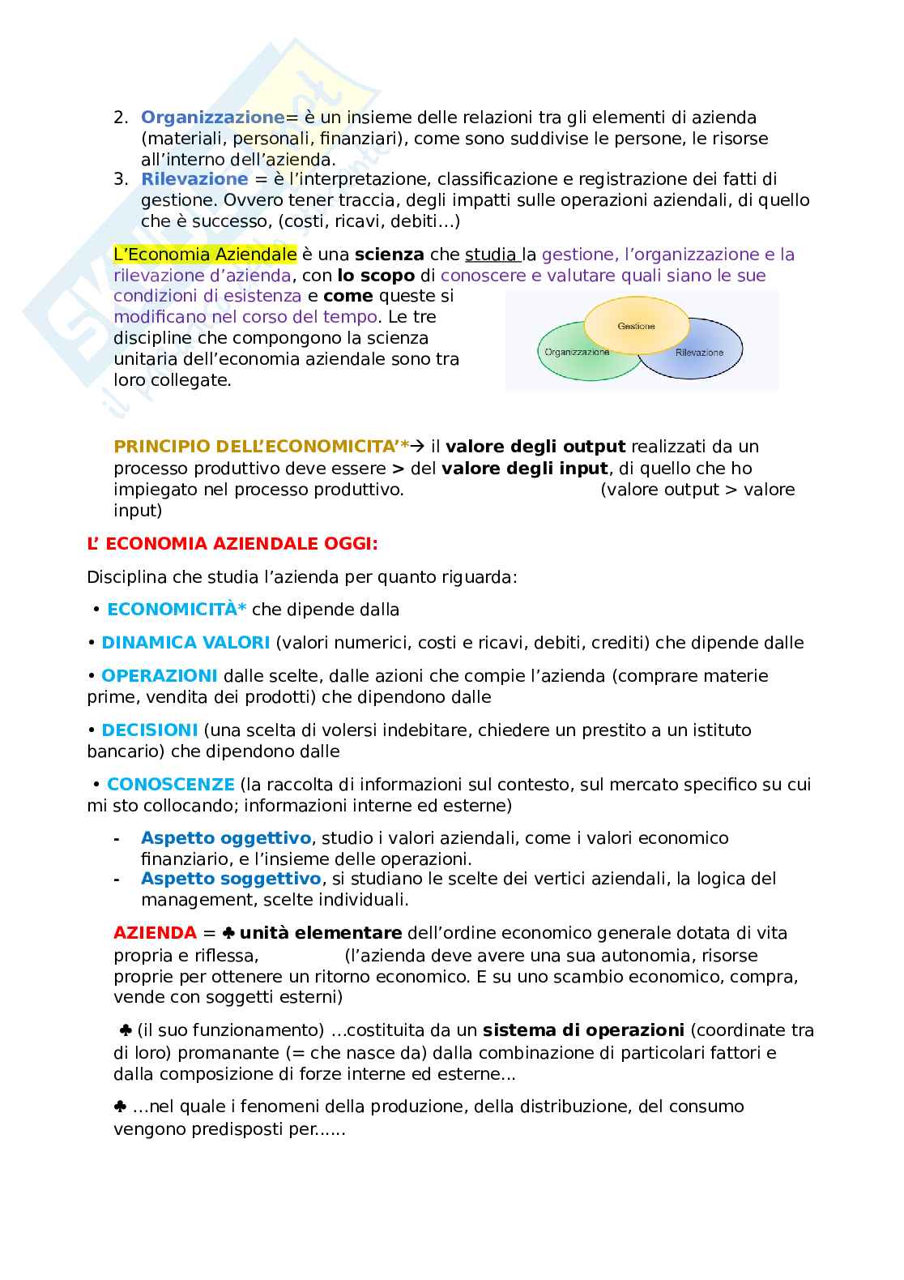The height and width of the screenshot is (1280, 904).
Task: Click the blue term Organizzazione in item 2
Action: click(x=212, y=118)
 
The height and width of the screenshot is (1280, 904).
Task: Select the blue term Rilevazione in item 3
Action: click(x=194, y=179)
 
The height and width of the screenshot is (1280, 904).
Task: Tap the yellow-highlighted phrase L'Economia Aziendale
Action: click(x=205, y=255)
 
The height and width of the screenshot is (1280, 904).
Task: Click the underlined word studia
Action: click(x=492, y=255)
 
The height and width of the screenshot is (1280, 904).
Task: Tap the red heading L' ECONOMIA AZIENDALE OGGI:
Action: click(x=232, y=544)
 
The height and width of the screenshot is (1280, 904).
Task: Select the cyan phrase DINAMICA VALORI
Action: click(x=185, y=643)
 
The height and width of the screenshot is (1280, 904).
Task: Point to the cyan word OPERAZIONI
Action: click(x=160, y=676)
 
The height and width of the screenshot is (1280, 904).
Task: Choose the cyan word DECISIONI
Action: click(x=150, y=730)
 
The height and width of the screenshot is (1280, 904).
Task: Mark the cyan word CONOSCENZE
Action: click(x=171, y=785)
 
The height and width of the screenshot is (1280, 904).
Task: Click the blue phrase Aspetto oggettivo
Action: click(x=226, y=838)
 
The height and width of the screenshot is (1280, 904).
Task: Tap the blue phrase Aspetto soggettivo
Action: click(x=231, y=879)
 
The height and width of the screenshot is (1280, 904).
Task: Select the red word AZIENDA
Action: click(x=155, y=933)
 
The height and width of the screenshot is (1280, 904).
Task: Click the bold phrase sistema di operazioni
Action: click(x=583, y=1030)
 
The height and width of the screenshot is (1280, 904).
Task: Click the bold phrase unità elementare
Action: click(x=321, y=933)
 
